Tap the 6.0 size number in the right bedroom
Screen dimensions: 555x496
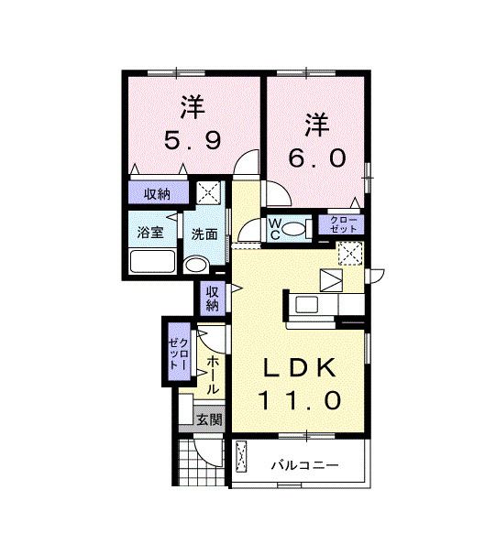coord(316,158)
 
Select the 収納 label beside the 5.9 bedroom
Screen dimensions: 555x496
coord(158,193)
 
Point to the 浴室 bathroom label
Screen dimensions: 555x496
coord(150,232)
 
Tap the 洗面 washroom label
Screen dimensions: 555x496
coord(204,234)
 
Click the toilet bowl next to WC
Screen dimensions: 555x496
coord(295,229)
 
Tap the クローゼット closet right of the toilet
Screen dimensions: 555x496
coord(340,223)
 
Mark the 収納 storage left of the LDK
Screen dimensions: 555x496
coord(212,299)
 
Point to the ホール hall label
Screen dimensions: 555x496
coord(212,375)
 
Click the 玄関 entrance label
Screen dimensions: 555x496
coord(209,419)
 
